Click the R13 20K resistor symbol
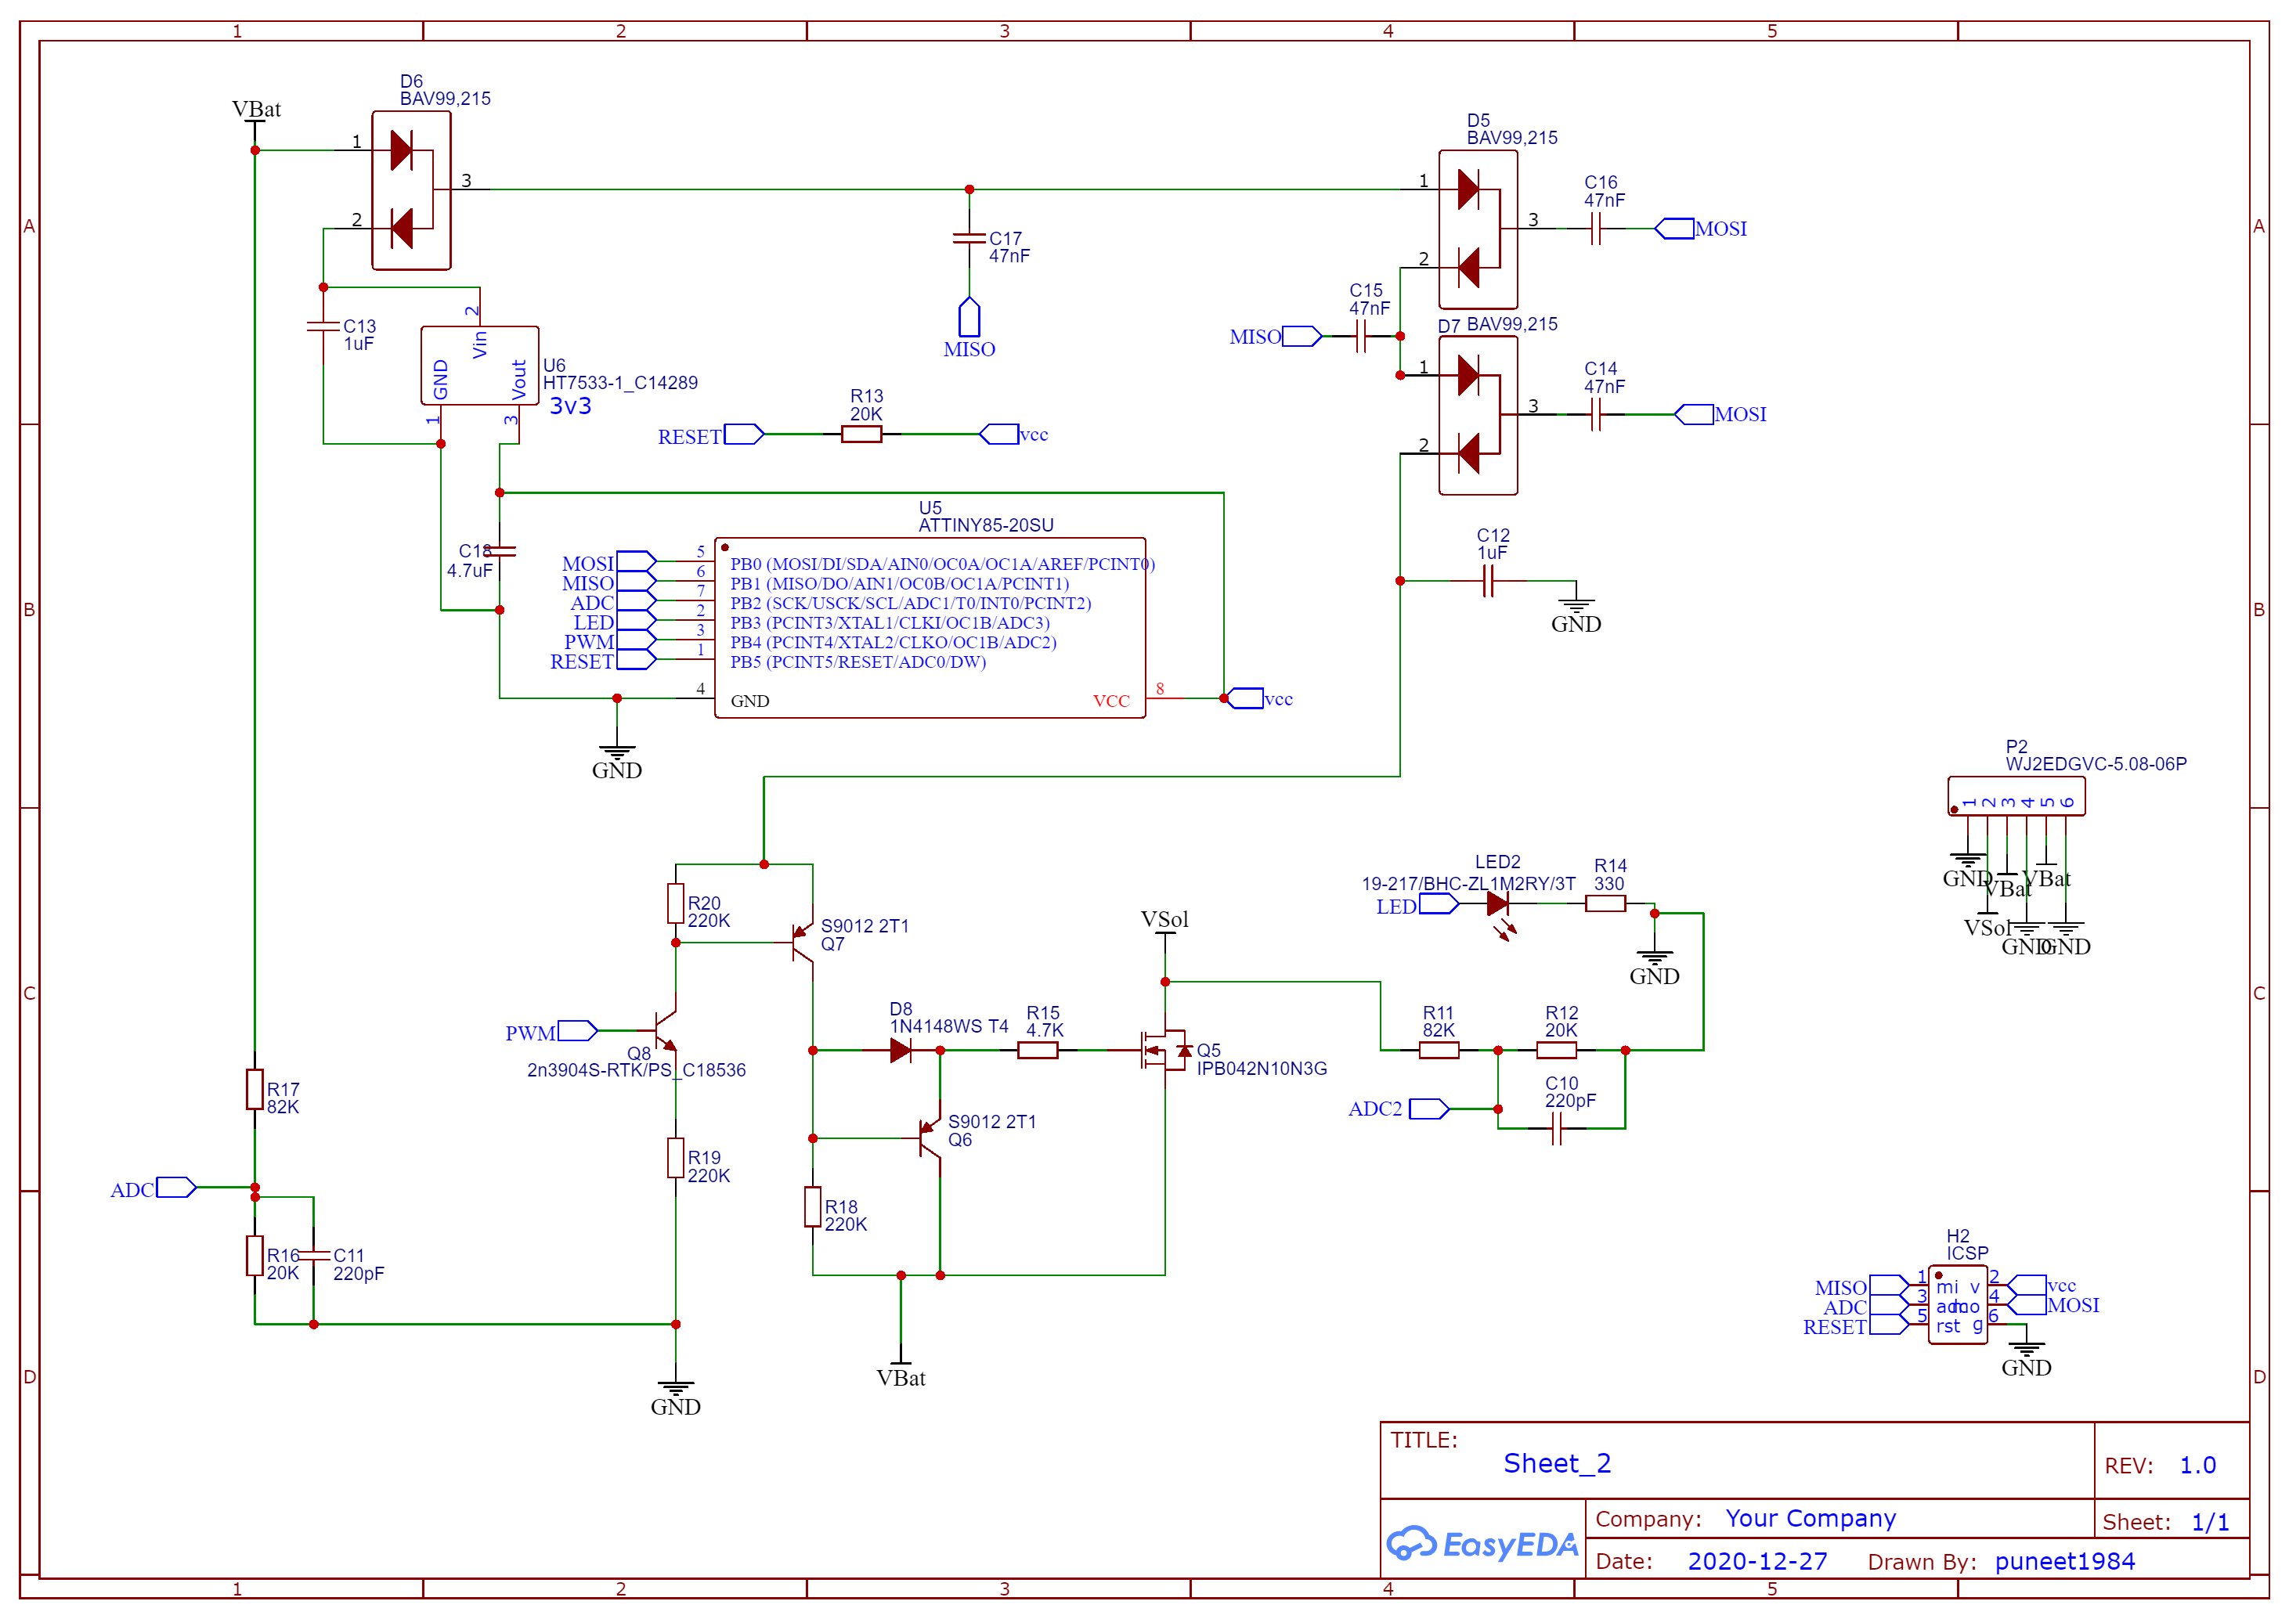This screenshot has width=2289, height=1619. point(861,434)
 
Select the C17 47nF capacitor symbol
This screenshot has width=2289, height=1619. point(968,238)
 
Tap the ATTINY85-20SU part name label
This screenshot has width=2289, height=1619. point(985,525)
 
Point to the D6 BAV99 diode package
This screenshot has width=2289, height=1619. point(411,190)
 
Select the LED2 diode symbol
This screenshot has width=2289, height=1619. point(1497,904)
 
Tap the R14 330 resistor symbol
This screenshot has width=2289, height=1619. point(1605,904)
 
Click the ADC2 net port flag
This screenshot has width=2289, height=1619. point(1428,1109)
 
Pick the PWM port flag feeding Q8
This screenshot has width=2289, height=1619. point(576,1031)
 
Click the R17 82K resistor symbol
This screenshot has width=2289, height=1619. point(255,1089)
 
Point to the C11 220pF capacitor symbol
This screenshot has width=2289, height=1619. point(314,1255)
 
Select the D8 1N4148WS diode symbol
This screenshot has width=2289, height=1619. point(901,1050)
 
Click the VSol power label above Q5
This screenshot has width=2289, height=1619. point(1164,920)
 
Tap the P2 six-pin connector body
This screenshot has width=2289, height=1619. point(2015,796)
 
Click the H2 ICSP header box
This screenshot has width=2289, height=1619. point(1957,1305)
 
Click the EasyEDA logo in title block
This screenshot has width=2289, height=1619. point(1482,1544)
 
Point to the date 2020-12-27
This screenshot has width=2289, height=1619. point(1756,1561)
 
